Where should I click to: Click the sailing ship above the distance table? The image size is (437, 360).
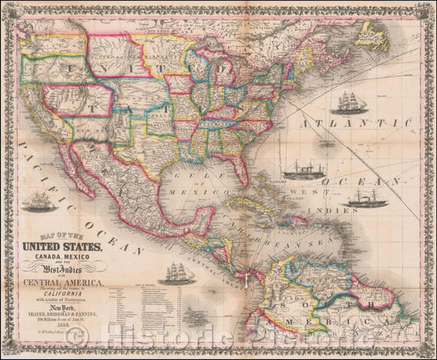[x=178, y=269]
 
